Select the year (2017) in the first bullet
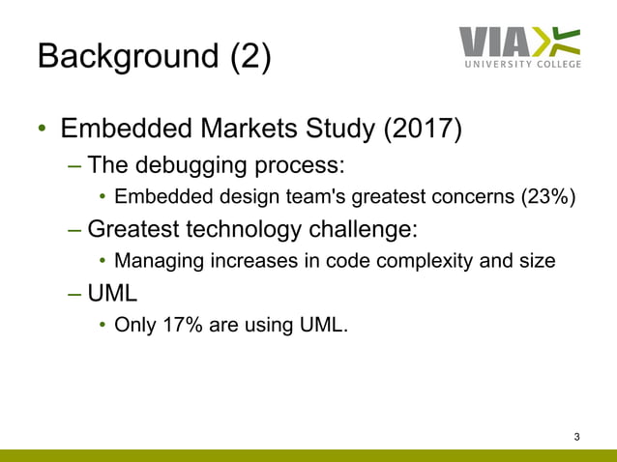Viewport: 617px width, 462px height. click(418, 129)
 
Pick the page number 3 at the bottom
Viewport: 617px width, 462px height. click(577, 438)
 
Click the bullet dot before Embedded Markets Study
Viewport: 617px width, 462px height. click(42, 130)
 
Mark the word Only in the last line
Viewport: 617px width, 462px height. click(134, 325)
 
